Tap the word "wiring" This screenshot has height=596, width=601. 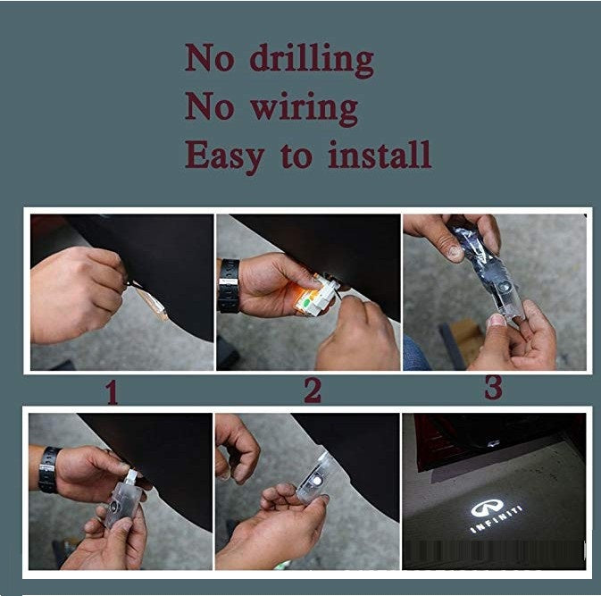304,109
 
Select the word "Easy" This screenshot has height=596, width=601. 225,156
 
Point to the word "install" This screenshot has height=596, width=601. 380,155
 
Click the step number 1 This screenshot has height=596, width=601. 112,392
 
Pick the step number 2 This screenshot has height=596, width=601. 313,390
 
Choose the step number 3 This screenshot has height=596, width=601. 493,388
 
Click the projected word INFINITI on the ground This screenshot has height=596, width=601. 496,520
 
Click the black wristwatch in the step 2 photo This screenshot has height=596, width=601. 229,286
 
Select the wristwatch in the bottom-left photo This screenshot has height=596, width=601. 49,470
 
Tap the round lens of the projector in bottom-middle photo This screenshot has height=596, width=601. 317,481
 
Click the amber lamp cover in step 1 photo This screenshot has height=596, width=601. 151,302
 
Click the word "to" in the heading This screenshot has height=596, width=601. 296,156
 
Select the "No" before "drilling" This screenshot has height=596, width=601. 209,58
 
